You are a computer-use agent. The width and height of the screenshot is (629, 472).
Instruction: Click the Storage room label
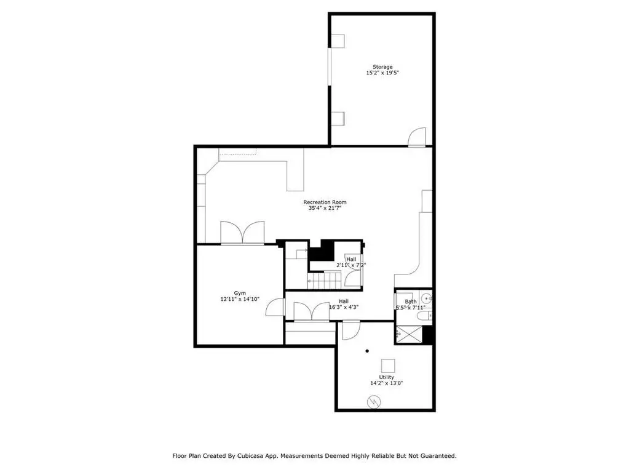coord(382,67)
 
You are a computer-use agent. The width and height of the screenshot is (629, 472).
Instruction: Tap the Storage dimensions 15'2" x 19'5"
coord(382,73)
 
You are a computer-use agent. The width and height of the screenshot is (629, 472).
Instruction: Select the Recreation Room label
coord(325,202)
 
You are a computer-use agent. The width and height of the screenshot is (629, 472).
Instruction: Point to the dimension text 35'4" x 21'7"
coord(325,208)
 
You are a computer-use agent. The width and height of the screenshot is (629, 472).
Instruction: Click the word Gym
coord(240,294)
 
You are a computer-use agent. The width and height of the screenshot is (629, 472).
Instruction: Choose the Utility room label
coord(386,377)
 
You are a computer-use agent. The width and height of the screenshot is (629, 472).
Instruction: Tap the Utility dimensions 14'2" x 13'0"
coord(386,383)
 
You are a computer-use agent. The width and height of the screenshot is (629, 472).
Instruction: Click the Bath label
coord(410,302)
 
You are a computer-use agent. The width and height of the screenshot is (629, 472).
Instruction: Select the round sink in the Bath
coord(427,298)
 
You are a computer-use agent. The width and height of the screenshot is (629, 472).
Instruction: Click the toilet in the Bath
coord(424,316)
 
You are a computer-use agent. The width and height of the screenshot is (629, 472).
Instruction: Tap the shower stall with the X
coord(409,335)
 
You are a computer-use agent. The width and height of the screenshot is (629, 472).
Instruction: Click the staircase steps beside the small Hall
coord(324,280)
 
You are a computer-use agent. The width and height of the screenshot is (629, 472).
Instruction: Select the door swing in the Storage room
coord(417,137)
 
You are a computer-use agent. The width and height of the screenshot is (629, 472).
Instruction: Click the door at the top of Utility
coord(351,330)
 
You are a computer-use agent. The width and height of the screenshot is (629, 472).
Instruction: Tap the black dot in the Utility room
coord(367,351)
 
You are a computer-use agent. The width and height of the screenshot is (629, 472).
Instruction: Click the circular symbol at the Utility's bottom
coord(374,402)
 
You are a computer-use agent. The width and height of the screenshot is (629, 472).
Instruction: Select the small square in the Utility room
coord(388,366)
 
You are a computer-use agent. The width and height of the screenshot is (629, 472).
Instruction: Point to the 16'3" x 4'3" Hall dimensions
coord(343,308)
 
